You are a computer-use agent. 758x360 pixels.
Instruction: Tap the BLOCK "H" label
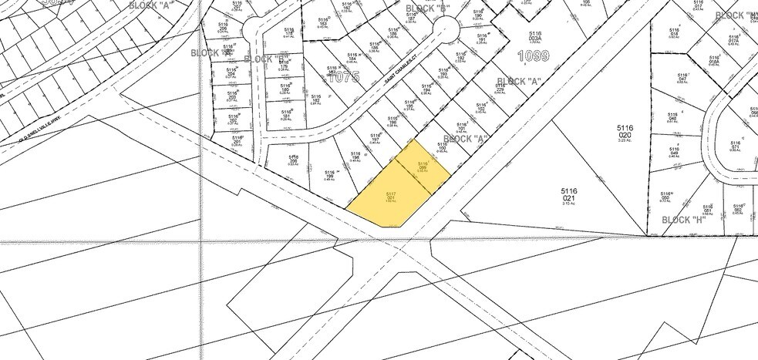pyautogui.click(x=689, y=219)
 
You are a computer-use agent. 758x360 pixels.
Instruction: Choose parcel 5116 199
pyautogui.click(x=329, y=175)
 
